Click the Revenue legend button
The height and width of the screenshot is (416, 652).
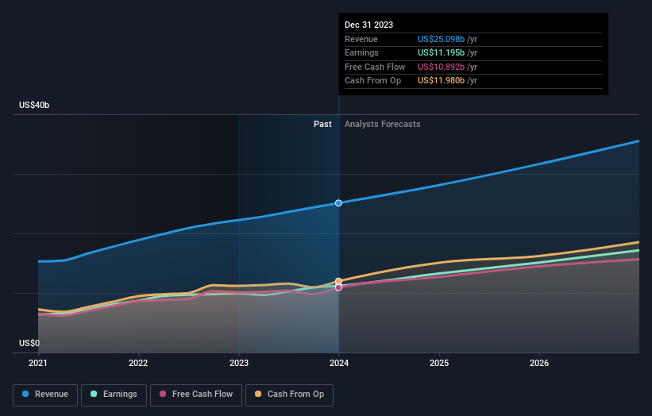coord(45,394)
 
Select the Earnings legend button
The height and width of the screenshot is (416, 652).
coord(114,394)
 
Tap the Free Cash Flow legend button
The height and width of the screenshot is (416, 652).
coord(196,394)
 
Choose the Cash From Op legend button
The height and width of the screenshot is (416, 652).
coord(289,394)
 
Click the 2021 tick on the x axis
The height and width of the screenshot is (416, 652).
coord(38,364)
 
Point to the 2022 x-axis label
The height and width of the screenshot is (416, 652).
coord(138,364)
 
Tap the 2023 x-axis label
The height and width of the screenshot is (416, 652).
coord(238,364)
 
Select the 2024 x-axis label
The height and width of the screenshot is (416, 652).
coord(339,364)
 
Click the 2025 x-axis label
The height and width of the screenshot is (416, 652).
coord(439,364)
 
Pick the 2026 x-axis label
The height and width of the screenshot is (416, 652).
coord(539,364)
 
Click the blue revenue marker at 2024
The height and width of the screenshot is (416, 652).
coord(339,203)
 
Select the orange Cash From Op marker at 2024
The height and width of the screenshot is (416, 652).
coord(339,281)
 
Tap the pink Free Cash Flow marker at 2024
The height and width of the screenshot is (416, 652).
coord(339,287)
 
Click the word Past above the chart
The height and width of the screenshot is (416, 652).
coord(322,124)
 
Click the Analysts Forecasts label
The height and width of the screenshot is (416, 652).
coord(382,124)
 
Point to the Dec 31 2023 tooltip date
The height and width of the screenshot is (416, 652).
coord(368,25)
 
